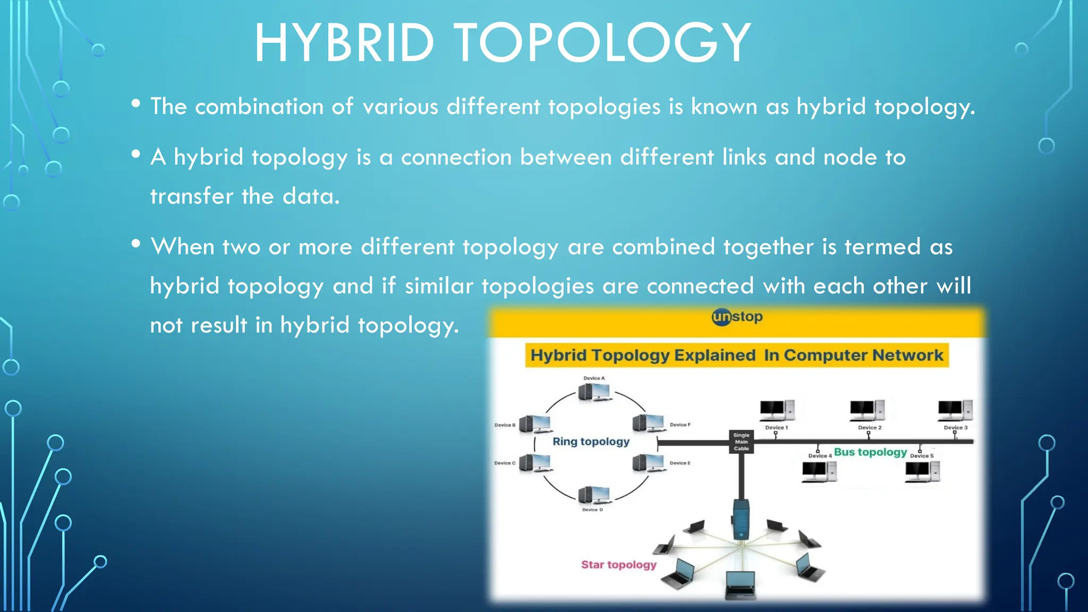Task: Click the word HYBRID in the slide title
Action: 344,44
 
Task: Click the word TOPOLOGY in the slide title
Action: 602,44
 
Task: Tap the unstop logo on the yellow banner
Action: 737,317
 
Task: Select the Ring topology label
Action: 591,441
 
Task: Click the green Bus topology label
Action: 870,452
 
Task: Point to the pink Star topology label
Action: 618,565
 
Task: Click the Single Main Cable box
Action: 741,441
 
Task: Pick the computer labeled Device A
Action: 593,393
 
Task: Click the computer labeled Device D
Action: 593,495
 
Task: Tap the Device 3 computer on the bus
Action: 955,410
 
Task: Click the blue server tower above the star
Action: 741,519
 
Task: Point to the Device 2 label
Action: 870,428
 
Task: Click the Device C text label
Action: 504,463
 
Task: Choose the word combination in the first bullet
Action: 259,107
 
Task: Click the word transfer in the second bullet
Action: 191,197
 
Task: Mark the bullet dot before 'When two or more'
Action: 136,244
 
